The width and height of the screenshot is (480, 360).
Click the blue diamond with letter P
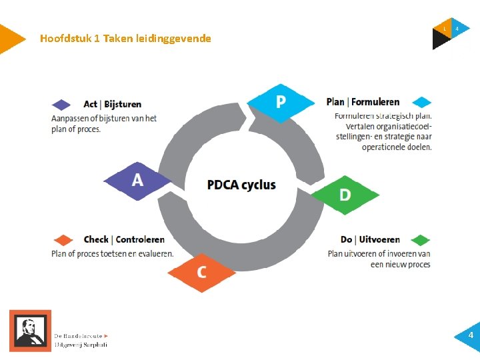point(281,102)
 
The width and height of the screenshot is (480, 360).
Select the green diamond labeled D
point(345,195)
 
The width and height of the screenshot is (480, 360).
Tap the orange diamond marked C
point(201,272)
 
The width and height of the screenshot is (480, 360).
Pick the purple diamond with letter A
point(137,180)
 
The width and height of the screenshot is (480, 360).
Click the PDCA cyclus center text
point(241,185)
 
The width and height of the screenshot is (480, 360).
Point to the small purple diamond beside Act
point(61,105)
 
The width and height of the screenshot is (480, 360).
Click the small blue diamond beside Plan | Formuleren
point(421,103)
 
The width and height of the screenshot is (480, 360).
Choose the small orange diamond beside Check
point(63,240)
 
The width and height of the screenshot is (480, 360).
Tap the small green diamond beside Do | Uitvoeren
point(421,240)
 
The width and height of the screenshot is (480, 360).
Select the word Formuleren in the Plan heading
point(375,102)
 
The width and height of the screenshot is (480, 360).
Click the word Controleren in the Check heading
point(140,239)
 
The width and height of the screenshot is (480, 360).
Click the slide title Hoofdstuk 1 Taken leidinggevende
point(125,39)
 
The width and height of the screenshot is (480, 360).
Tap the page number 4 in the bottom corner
point(470,335)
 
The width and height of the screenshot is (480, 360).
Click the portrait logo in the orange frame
point(30,330)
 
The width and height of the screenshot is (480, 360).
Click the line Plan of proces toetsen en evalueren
point(112,253)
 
